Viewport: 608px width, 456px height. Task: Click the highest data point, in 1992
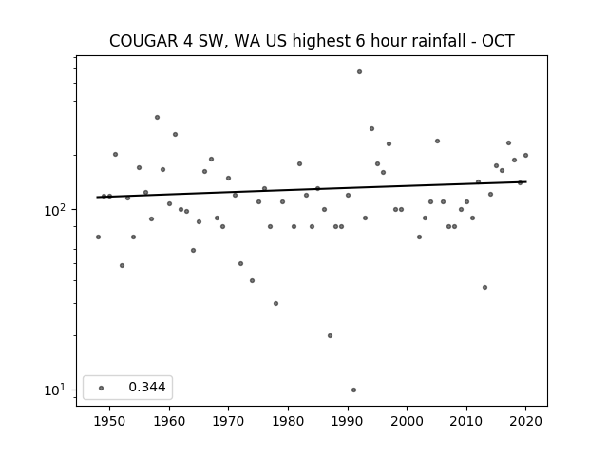pos(359,72)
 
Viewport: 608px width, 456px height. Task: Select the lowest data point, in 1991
pos(353,390)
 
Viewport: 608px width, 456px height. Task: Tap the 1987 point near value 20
pos(330,335)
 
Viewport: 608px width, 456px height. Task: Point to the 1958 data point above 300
pos(157,118)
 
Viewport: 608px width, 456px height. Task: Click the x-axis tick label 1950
pos(109,421)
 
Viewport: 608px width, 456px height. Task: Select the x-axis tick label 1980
pos(288,421)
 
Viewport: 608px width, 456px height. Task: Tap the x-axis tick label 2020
pos(525,421)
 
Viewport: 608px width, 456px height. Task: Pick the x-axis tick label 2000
pos(407,421)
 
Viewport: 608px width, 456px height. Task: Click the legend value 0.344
pos(147,387)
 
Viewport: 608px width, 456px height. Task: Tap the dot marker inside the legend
pos(102,388)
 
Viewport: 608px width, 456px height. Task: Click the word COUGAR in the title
pos(143,41)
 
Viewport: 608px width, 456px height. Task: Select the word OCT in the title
pos(498,41)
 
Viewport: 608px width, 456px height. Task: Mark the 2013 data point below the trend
pos(484,287)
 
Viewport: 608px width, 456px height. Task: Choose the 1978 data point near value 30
pos(275,304)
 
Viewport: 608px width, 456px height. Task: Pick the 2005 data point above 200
pos(437,142)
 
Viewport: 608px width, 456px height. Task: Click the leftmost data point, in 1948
pos(98,237)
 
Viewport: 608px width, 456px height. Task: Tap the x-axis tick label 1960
pos(169,421)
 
